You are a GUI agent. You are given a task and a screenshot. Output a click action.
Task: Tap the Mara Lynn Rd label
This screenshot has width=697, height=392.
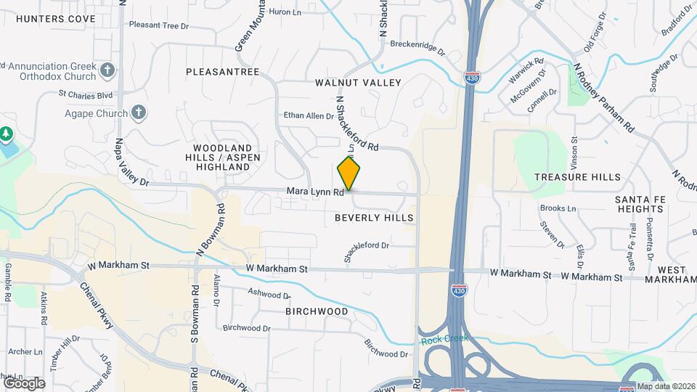coord(314,192)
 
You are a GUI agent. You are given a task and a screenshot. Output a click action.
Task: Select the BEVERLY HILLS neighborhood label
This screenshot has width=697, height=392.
coord(374,218)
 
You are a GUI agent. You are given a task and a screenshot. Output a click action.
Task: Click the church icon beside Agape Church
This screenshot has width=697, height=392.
coord(139,113)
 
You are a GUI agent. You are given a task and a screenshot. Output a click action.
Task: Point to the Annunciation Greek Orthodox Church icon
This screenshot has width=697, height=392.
coord(107,70)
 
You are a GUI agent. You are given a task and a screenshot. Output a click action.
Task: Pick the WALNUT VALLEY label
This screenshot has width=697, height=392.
coord(358,83)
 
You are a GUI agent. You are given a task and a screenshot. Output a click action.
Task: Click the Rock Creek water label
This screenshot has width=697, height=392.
coord(444,339)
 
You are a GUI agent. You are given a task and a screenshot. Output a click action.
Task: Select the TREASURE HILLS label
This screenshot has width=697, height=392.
coord(577,177)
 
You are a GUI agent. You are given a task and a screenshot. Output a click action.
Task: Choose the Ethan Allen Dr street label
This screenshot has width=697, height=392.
coord(303,115)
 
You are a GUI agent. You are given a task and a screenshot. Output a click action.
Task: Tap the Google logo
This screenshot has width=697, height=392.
coord(23,383)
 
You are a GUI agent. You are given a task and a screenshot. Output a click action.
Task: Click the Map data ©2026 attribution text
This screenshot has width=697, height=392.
coord(666,386)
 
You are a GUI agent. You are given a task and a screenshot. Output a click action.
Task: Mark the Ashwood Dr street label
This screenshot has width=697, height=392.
coord(269,295)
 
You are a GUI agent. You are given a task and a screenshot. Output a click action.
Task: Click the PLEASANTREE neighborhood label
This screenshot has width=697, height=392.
coord(222,72)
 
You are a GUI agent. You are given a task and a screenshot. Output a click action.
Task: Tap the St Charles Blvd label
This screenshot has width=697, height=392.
coord(86,94)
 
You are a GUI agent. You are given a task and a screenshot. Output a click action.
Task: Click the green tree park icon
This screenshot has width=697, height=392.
coord(6,134)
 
